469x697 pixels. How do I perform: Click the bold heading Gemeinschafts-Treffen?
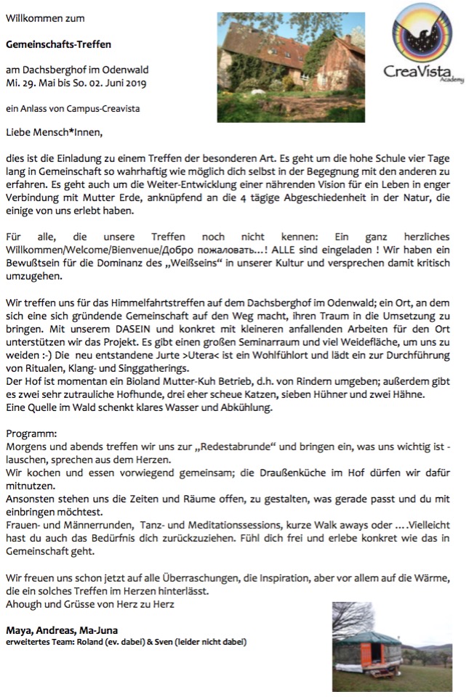[x=59, y=44]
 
